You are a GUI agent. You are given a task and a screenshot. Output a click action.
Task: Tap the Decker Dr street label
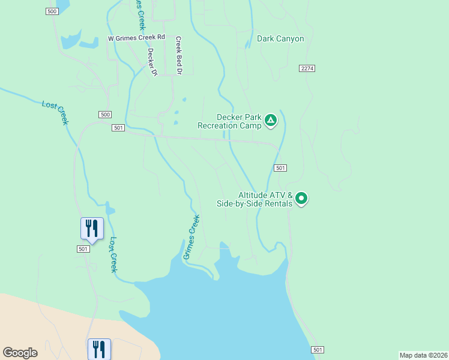(152, 62)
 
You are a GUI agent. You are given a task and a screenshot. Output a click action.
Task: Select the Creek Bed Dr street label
(178, 55)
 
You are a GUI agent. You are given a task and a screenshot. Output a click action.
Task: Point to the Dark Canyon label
(280, 39)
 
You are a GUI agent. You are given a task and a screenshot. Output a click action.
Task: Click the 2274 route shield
(307, 68)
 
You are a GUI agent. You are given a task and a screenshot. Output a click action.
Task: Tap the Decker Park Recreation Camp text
(230, 122)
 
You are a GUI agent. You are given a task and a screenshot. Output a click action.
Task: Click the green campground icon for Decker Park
(271, 121)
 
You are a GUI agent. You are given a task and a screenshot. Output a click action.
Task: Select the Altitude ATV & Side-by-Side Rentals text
(255, 199)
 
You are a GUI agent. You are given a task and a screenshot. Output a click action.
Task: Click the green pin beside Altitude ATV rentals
(301, 198)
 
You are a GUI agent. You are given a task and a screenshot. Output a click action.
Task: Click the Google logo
(20, 353)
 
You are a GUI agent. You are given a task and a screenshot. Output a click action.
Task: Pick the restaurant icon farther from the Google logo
(92, 228)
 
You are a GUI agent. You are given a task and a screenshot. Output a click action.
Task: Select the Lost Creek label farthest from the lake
(55, 112)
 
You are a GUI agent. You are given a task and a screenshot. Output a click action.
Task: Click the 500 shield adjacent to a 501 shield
(105, 115)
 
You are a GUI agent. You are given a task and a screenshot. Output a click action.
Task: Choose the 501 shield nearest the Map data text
(318, 350)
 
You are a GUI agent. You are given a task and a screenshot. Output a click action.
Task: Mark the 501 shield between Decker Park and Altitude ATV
(280, 168)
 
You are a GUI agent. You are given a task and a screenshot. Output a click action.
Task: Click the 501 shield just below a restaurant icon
(83, 248)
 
